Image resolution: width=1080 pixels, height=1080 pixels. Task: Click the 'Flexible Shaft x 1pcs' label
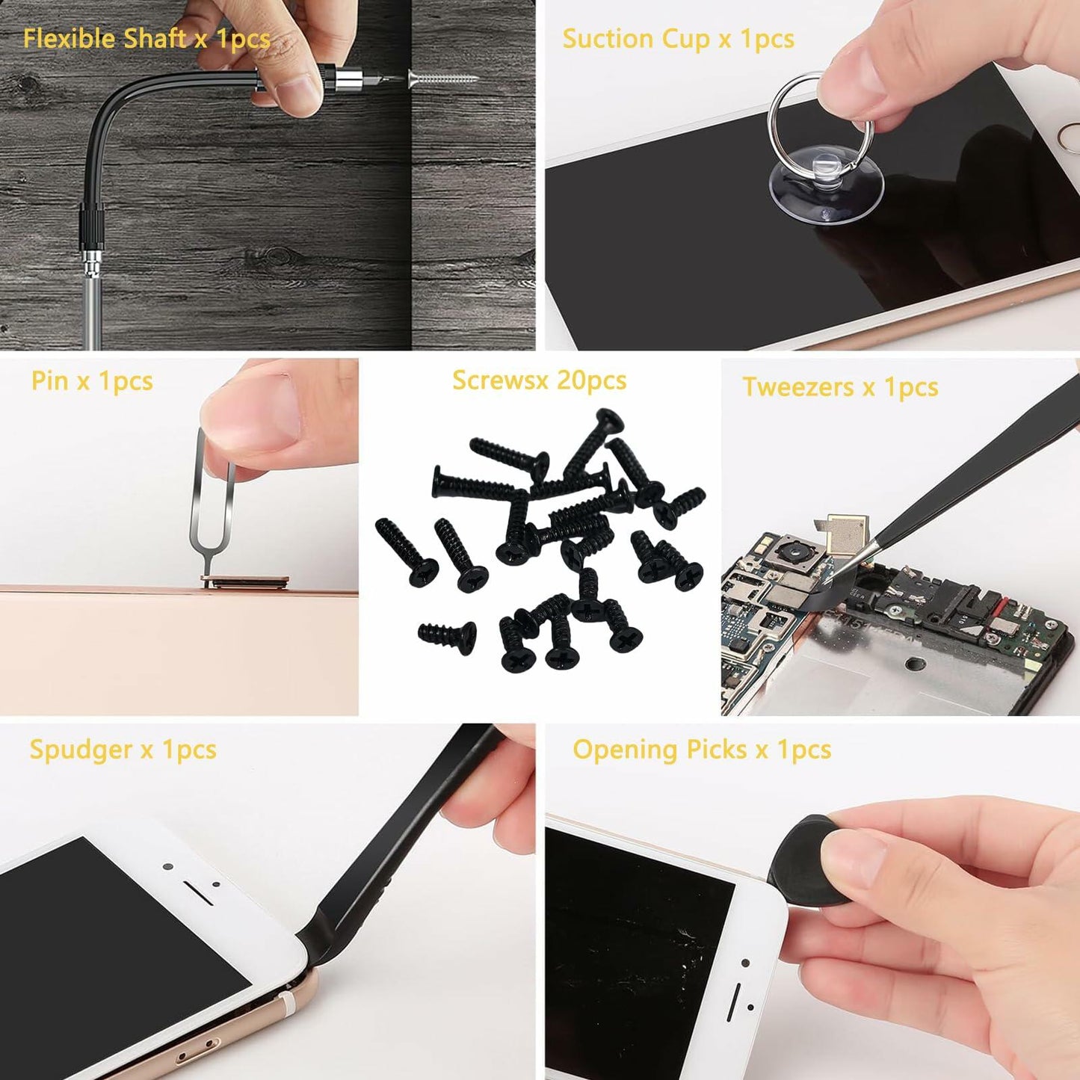click(146, 38)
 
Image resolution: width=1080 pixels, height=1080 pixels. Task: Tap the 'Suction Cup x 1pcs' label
click(677, 38)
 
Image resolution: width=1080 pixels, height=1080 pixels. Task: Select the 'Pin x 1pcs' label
click(92, 380)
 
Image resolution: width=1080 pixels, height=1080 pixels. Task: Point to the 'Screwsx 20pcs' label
click(539, 380)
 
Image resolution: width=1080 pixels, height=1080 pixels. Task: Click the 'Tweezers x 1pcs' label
click(839, 387)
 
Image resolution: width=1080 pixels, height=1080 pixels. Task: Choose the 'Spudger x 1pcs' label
click(123, 749)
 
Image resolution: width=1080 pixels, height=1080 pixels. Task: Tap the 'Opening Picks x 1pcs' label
click(701, 749)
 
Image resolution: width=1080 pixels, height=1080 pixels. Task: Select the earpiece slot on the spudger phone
click(199, 892)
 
